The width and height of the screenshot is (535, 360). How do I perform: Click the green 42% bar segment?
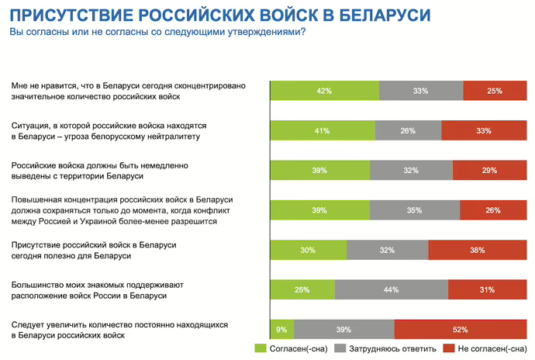coord(324,91)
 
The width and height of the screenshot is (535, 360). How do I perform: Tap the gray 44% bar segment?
coord(391,290)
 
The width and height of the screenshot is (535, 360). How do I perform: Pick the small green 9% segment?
coord(281,330)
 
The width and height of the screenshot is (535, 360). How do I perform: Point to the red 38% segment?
coord(477,250)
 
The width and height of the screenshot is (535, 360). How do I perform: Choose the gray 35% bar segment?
coord(414,210)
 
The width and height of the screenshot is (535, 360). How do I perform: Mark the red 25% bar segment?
coord(495,91)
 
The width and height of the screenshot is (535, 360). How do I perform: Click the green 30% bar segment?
coord(308,250)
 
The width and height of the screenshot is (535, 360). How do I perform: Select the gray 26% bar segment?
coord(409,130)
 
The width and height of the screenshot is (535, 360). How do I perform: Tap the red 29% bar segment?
coord(489,171)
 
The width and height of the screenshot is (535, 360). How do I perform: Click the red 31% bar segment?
coord(487,290)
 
